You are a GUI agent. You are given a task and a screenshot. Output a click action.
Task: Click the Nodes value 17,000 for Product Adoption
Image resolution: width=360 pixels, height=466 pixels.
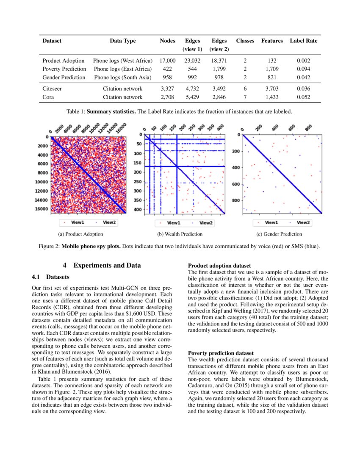pyautogui.click(x=167, y=61)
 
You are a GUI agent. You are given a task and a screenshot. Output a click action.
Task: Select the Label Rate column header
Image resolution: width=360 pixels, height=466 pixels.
pyautogui.click(x=303, y=41)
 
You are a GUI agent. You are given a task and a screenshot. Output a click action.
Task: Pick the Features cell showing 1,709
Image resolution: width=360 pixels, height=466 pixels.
pyautogui.click(x=272, y=69)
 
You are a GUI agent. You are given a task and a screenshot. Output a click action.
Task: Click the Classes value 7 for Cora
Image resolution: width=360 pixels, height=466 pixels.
pyautogui.click(x=245, y=97)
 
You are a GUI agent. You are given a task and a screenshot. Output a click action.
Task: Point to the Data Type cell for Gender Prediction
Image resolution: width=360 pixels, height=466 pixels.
pyautogui.click(x=122, y=77)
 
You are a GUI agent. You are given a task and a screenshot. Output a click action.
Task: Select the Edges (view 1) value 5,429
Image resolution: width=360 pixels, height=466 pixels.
pyautogui.click(x=193, y=97)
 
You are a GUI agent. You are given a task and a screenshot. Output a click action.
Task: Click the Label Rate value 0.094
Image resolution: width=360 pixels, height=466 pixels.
pyautogui.click(x=303, y=69)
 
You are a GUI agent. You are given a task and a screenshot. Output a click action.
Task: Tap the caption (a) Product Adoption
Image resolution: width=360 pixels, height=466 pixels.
pyautogui.click(x=80, y=234)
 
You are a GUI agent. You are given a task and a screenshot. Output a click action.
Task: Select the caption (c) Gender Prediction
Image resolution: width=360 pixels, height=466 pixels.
pyautogui.click(x=280, y=234)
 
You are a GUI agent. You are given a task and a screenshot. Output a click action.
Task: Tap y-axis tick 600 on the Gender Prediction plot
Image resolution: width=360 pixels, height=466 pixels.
pyautogui.click(x=237, y=184)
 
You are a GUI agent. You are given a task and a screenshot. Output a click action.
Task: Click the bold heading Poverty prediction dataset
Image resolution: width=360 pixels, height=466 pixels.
pyautogui.click(x=221, y=353)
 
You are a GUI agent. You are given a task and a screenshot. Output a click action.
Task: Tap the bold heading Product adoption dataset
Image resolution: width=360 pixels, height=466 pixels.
pyautogui.click(x=219, y=266)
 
